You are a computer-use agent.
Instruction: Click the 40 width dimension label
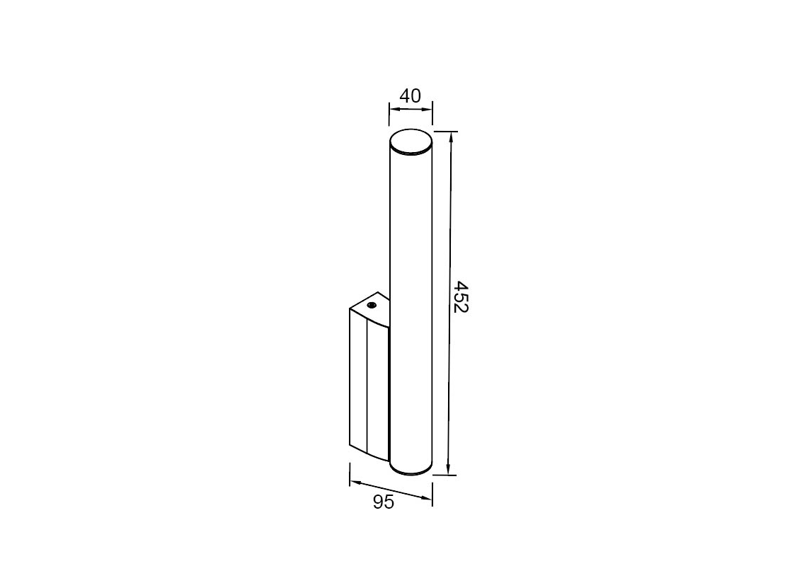coord(411,96)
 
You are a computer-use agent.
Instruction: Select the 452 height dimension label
coord(459,296)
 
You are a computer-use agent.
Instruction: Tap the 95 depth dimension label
coord(384,502)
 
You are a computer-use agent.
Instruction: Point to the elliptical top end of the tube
coord(411,142)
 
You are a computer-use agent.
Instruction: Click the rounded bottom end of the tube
coord(411,468)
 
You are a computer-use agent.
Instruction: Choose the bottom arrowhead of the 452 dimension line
coord(448,469)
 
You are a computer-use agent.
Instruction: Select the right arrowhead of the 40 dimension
coord(427,109)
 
